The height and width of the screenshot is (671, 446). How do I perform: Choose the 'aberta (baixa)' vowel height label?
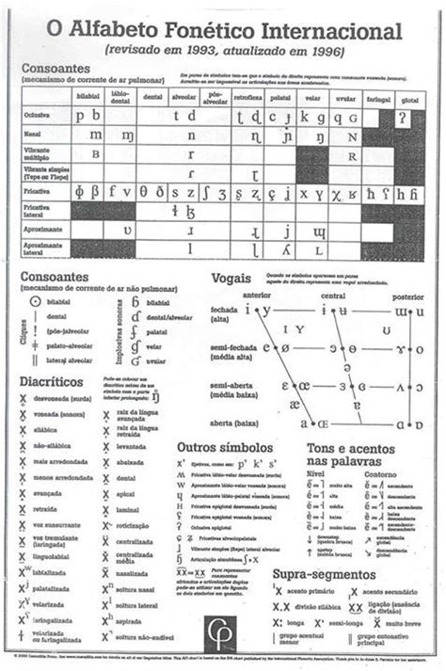coord(233,423)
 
